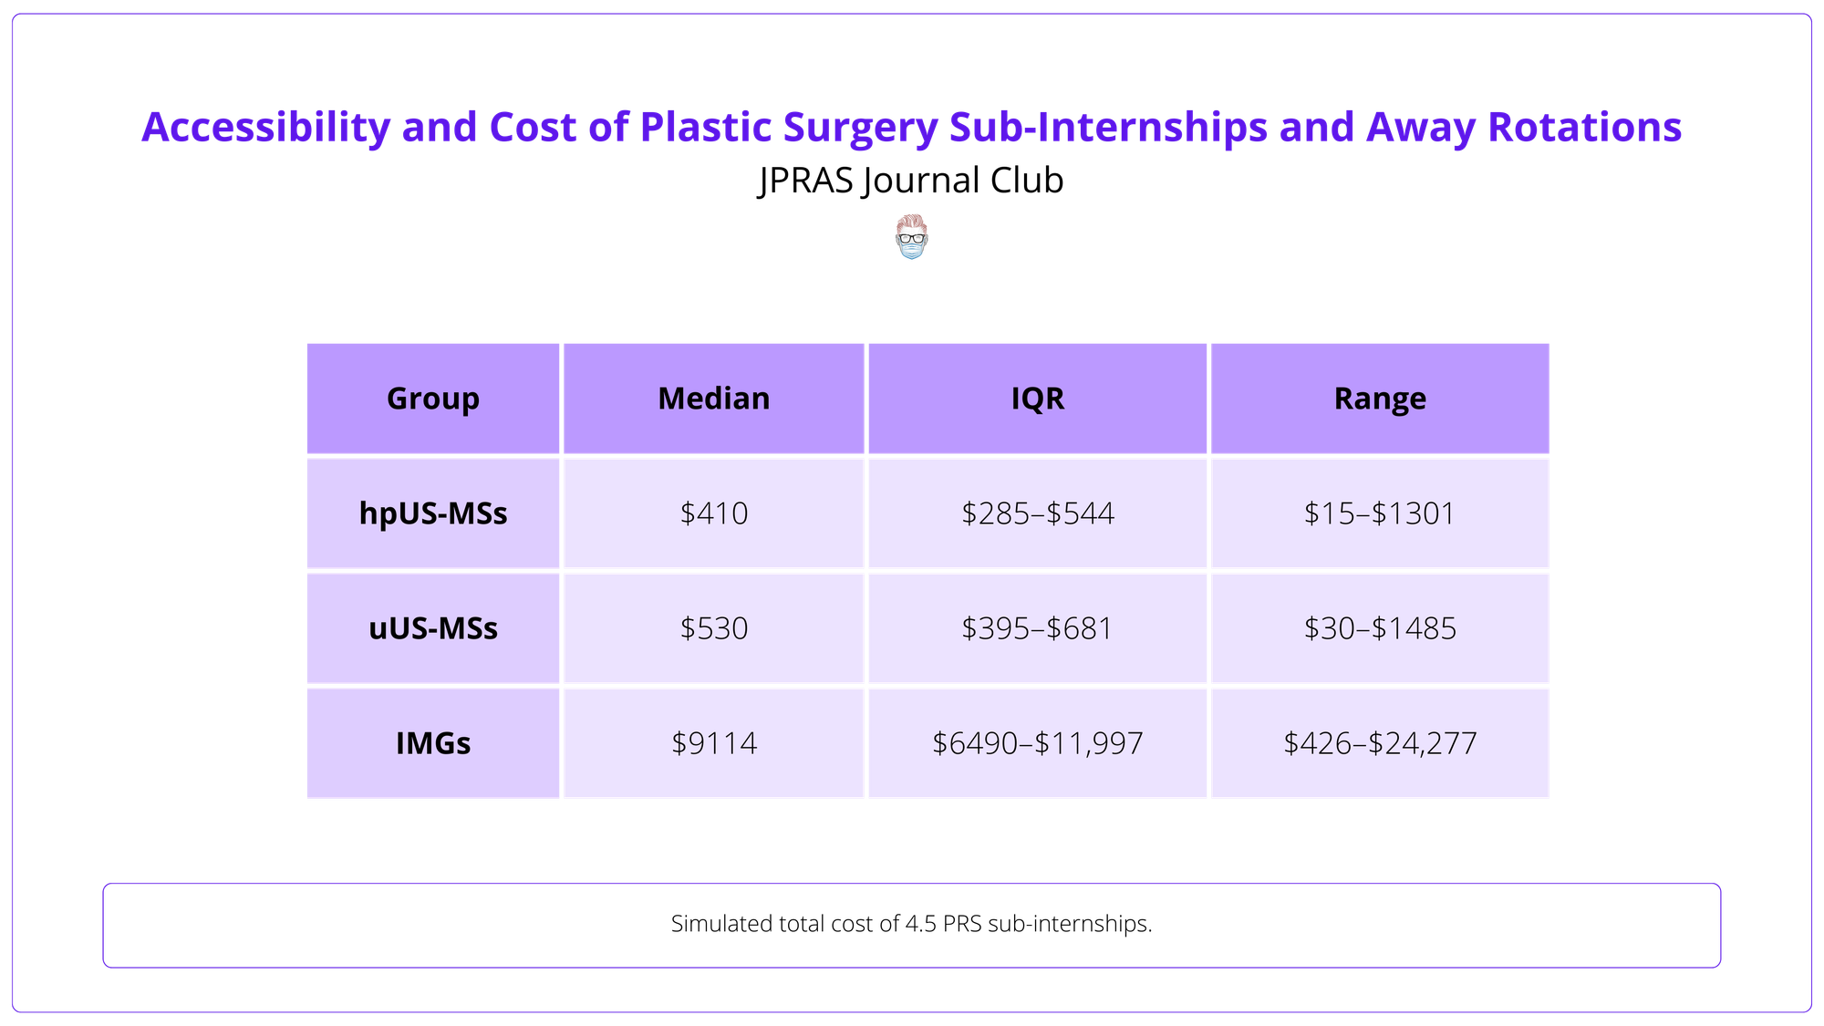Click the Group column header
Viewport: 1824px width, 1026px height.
[432, 399]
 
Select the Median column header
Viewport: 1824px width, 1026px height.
[713, 399]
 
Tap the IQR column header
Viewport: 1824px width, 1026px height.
[1037, 399]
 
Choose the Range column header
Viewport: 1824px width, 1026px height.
[1379, 399]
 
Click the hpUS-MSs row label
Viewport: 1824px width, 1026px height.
[432, 513]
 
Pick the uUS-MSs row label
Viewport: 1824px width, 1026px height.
[432, 628]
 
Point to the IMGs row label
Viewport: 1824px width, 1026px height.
[432, 743]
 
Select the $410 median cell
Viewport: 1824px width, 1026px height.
[713, 513]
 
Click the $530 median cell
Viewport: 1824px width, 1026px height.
[713, 628]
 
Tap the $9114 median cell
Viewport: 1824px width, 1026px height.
[713, 743]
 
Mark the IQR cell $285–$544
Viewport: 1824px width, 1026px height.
[1037, 513]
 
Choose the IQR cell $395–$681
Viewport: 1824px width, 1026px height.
[1037, 628]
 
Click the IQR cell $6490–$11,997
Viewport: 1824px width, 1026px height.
[1037, 743]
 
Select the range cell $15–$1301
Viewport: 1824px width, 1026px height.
[1379, 513]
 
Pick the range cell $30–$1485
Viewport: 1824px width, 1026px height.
[1379, 628]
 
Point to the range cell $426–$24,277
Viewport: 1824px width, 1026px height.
[1379, 743]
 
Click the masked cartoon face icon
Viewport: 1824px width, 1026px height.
[911, 237]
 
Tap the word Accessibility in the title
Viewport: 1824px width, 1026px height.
[265, 128]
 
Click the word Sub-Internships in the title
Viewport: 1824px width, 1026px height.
[1107, 128]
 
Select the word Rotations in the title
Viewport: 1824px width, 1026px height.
[1584, 128]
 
